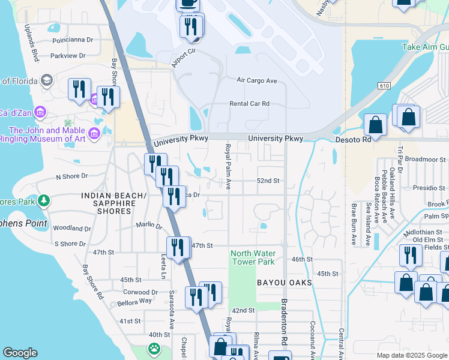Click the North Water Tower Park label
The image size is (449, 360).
pyautogui.click(x=253, y=257)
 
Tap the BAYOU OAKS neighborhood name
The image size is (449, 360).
pyautogui.click(x=285, y=282)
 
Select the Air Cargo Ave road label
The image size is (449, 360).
pyautogui.click(x=257, y=80)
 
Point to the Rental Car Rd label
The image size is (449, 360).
pyautogui.click(x=249, y=104)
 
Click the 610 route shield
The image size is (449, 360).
pyautogui.click(x=385, y=86)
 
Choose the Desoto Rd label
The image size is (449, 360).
pyautogui.click(x=352, y=139)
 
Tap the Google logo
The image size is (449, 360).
pyautogui.click(x=20, y=353)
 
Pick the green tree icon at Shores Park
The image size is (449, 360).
pyautogui.click(x=43, y=200)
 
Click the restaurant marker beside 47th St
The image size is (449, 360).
pyautogui.click(x=178, y=247)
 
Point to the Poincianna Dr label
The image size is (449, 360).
pyautogui.click(x=73, y=40)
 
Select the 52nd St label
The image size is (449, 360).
pyautogui.click(x=268, y=181)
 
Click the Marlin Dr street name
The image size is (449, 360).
pyautogui.click(x=149, y=226)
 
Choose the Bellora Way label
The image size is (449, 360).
pyautogui.click(x=137, y=301)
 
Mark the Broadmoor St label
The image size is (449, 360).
pyautogui.click(x=426, y=160)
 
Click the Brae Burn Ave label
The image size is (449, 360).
pyautogui.click(x=354, y=224)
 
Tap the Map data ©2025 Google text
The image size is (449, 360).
pyautogui.click(x=412, y=355)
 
